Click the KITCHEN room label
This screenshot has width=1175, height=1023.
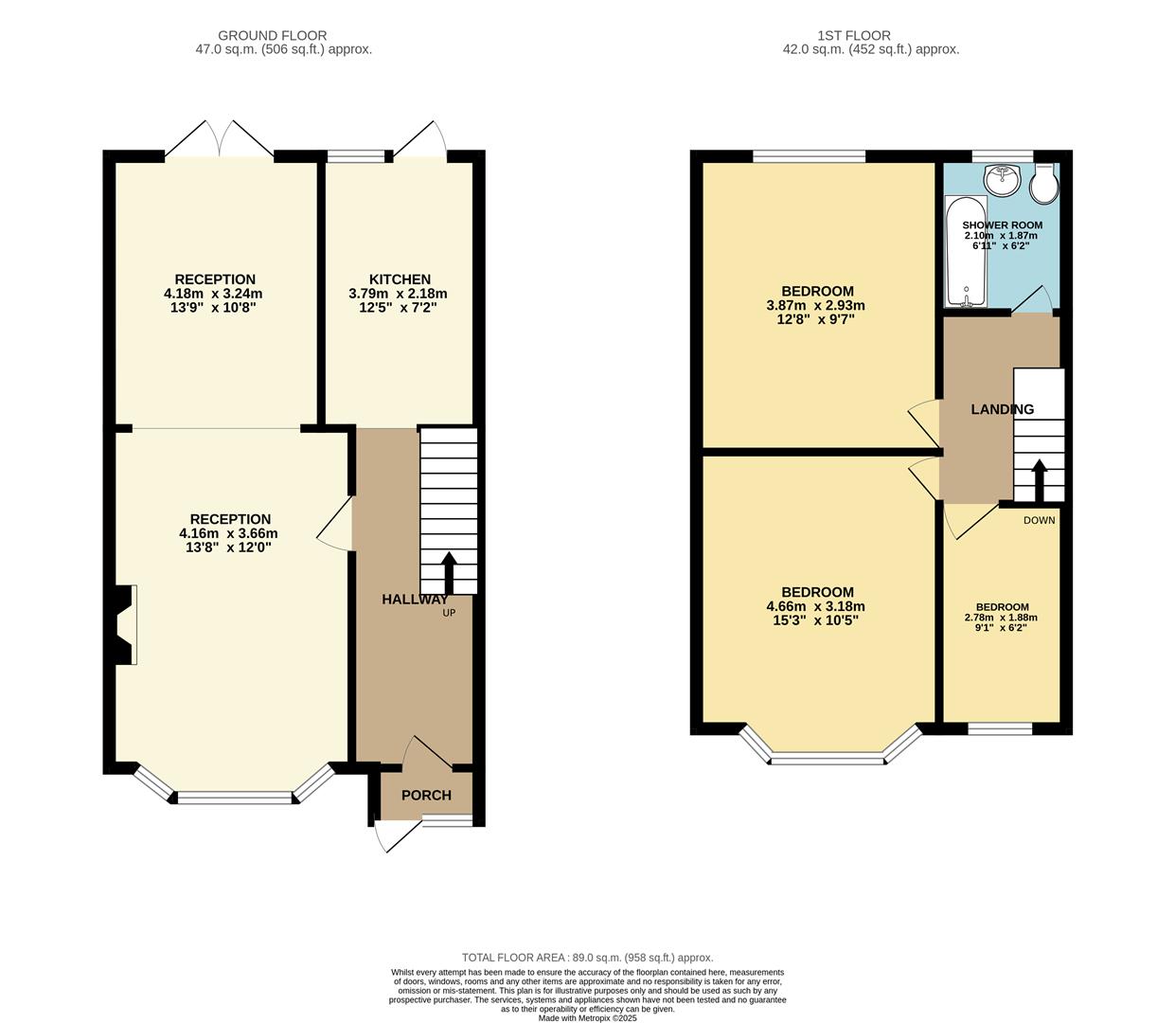(x=400, y=279)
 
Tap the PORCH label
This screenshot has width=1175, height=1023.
(x=426, y=796)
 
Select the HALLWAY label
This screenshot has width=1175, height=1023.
(x=415, y=600)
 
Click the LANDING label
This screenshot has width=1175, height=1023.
(x=1002, y=409)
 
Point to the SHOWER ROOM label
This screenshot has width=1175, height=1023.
(x=1002, y=225)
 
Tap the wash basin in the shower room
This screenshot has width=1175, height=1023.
(x=1002, y=177)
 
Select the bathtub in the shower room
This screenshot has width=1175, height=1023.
(x=966, y=251)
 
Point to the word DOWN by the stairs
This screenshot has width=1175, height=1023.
(x=1039, y=520)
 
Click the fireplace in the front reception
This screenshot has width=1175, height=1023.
(x=124, y=624)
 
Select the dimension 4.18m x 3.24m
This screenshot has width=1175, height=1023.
(x=213, y=294)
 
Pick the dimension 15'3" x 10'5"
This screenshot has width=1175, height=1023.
(x=815, y=620)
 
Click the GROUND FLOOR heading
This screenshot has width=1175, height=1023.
(x=273, y=36)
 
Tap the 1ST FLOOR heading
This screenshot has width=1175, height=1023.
(x=863, y=36)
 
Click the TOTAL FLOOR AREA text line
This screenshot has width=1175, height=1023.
(x=587, y=958)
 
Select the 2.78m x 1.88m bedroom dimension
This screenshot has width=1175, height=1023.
(x=1001, y=618)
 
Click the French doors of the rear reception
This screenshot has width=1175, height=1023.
(x=220, y=139)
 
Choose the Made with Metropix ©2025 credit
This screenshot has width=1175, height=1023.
(x=587, y=1018)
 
